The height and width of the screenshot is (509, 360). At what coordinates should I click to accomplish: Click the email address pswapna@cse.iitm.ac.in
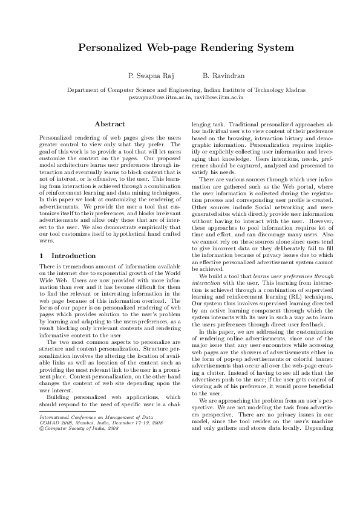tap(160, 96)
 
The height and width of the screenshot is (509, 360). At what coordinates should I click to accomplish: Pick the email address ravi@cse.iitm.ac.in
tap(220, 96)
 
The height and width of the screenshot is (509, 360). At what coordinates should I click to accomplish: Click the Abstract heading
tap(110, 124)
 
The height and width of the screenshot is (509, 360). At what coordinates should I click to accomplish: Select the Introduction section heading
tap(73, 256)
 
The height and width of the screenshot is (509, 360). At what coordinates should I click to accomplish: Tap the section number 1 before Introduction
tap(41, 256)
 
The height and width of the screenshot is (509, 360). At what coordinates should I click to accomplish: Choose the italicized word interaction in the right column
tap(206, 281)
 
